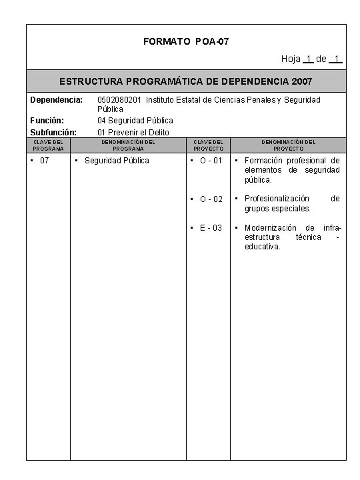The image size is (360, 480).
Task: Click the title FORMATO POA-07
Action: click(186, 42)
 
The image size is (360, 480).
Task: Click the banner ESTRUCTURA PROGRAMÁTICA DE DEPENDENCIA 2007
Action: click(186, 81)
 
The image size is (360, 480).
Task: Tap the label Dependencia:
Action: click(56, 100)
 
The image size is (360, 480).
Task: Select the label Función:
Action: click(47, 121)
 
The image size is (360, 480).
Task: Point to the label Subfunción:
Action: click(53, 132)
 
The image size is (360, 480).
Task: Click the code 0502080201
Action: click(119, 100)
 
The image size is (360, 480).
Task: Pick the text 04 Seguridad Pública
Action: click(135, 121)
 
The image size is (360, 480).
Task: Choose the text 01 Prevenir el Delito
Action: click(133, 132)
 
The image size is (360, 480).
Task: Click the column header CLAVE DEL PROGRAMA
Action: click(48, 145)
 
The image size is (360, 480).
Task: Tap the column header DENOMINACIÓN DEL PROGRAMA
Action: click(128, 145)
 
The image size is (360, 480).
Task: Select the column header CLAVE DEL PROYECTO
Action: click(208, 145)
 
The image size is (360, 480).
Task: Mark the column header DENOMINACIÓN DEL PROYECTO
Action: click(288, 145)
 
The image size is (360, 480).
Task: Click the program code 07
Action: click(45, 161)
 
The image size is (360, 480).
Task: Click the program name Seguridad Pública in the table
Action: click(117, 161)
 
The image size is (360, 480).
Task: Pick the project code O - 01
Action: click(211, 161)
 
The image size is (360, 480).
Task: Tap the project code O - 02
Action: click(211, 199)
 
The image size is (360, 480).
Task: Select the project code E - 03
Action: click(211, 228)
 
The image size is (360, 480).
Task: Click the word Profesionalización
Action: click(277, 199)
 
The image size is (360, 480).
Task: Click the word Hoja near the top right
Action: click(291, 59)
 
